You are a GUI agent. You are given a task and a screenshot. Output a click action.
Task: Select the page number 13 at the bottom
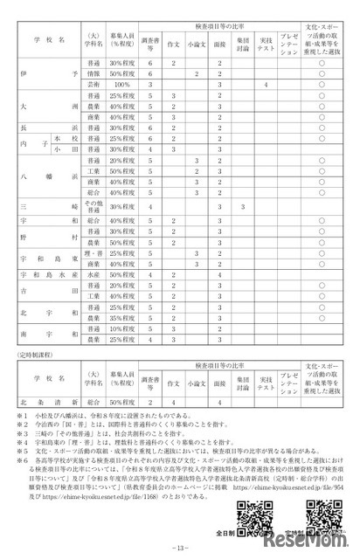coord(179,548)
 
